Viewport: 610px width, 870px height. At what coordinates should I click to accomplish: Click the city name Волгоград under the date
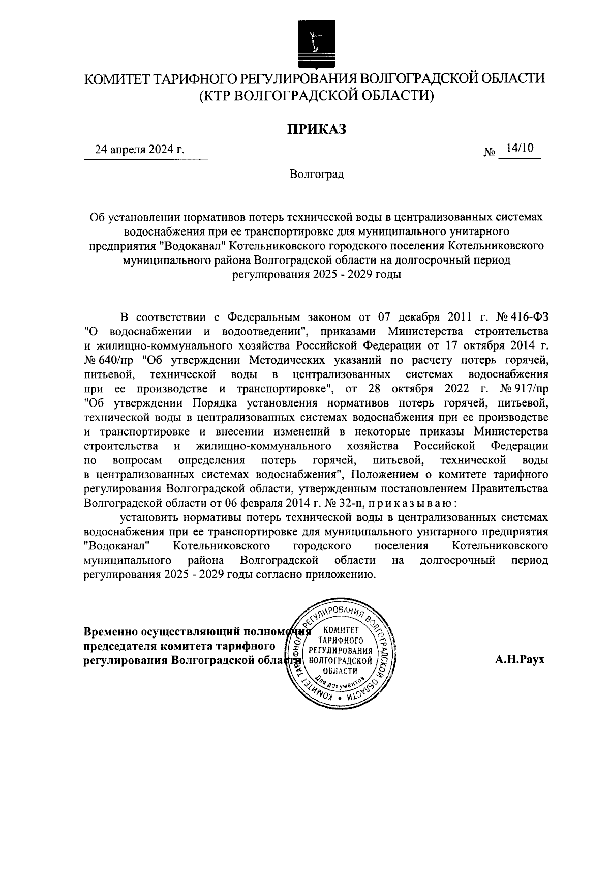tap(317, 175)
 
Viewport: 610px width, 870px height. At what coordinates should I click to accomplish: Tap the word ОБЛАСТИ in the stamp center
tap(340, 671)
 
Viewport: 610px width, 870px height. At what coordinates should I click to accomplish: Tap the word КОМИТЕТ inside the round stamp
tap(341, 631)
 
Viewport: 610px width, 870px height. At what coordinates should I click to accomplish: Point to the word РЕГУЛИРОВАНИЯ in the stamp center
tap(340, 651)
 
